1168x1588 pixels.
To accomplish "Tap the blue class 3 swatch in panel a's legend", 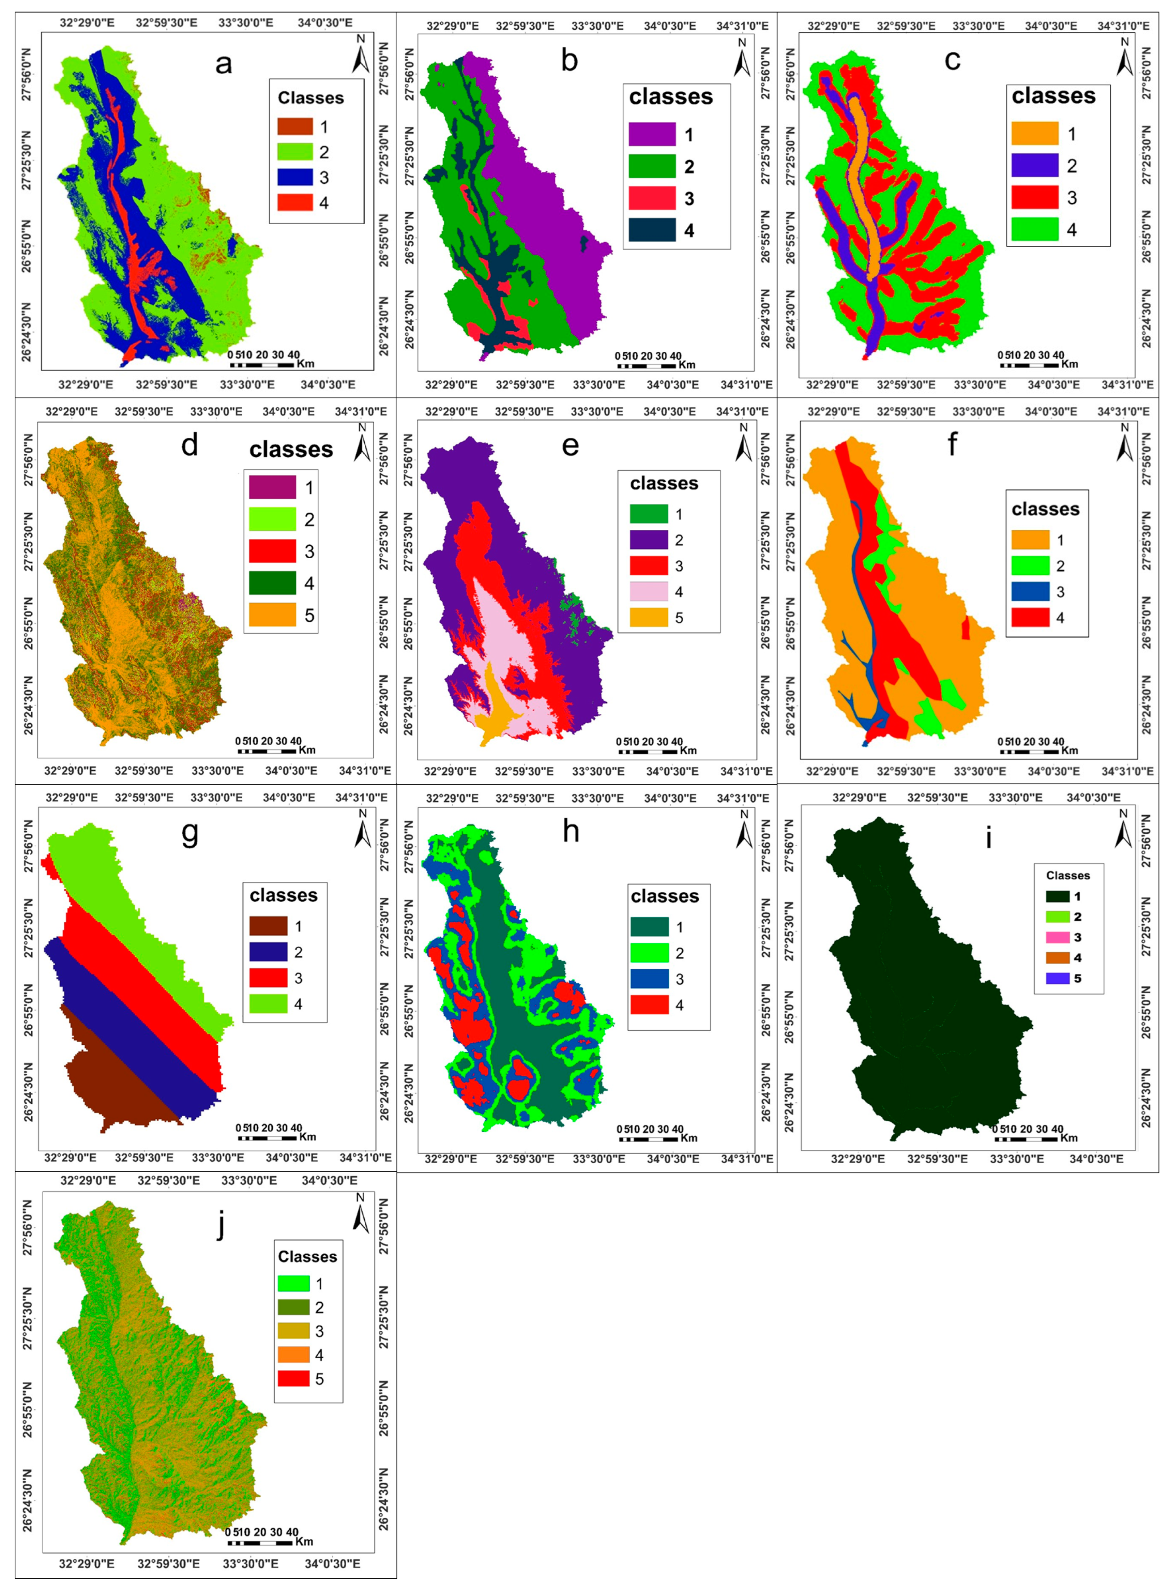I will click(x=295, y=178).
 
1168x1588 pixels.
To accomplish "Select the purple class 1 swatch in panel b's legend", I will click(x=652, y=134).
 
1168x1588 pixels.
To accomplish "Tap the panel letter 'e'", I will click(x=570, y=445).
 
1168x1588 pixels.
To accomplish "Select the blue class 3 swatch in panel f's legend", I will click(x=1030, y=592).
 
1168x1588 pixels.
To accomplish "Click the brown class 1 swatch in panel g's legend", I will click(x=269, y=926).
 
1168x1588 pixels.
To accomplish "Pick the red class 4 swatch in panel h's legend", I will click(x=649, y=1005).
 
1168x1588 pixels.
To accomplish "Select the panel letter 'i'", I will click(x=988, y=838).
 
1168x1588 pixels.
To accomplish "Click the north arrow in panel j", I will click(x=361, y=1215).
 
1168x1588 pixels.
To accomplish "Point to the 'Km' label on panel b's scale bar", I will click(x=686, y=365).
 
